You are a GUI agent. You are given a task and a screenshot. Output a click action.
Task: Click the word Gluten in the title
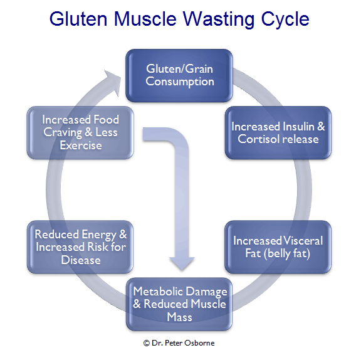click(78, 19)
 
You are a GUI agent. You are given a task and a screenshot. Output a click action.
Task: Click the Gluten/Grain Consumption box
click(179, 75)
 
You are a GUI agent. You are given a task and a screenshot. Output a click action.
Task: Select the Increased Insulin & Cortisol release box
click(278, 133)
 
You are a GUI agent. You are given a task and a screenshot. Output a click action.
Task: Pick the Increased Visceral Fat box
click(278, 247)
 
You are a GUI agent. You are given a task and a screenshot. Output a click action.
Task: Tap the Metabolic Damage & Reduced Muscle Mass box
click(179, 304)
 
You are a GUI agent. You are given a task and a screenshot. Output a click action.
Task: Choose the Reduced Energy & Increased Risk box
click(80, 247)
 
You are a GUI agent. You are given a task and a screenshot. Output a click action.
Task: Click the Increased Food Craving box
click(80, 133)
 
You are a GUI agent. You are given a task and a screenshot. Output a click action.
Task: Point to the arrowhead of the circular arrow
click(113, 82)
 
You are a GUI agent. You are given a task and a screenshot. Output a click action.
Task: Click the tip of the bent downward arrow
click(182, 270)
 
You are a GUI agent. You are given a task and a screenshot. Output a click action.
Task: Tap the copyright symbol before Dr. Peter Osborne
click(147, 343)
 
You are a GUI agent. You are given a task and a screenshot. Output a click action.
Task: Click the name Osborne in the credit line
click(199, 343)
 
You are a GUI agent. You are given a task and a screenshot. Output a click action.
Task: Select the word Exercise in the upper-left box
click(81, 146)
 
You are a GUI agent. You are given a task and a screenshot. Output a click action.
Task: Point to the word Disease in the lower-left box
click(81, 260)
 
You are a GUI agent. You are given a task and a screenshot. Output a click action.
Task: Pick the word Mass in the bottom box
click(179, 317)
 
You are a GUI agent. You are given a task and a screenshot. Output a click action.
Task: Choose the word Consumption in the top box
click(180, 82)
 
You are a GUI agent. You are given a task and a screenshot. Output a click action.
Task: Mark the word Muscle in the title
click(145, 19)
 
